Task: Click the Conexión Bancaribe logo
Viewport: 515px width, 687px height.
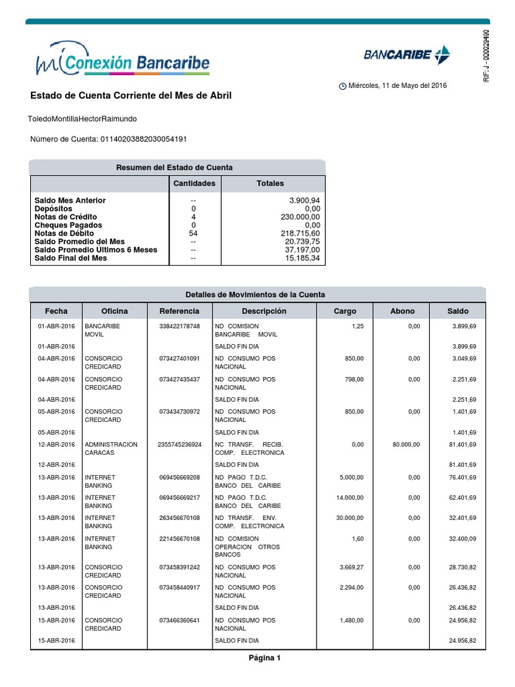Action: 122,62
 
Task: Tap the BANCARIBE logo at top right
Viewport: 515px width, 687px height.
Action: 407,55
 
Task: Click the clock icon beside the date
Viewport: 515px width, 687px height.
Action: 343,87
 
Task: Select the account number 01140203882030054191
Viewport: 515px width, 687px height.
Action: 143,139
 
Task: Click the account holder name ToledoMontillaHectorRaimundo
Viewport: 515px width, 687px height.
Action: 83,119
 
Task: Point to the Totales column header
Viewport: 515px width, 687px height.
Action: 270,183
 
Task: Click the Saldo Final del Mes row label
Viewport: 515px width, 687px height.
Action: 70,258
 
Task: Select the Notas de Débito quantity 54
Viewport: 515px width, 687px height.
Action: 194,233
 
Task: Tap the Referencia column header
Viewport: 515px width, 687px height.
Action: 179,311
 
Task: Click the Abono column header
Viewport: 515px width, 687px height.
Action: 402,311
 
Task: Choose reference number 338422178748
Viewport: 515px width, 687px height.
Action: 179,326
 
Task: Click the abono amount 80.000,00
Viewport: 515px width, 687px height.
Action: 406,444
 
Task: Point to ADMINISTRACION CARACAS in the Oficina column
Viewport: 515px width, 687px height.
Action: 111,448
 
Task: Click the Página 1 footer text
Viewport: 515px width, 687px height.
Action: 264,658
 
